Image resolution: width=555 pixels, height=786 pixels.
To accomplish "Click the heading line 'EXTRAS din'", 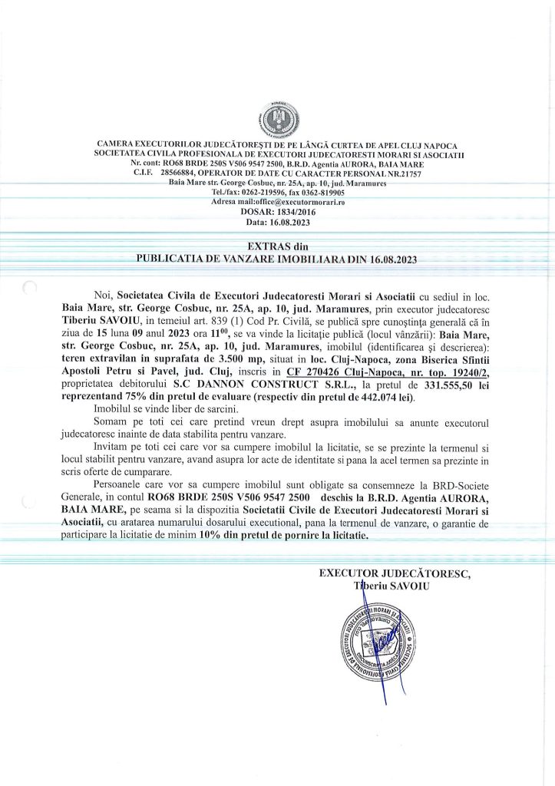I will [276, 246].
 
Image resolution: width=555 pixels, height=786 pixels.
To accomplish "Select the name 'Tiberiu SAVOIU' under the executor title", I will [391, 586].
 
